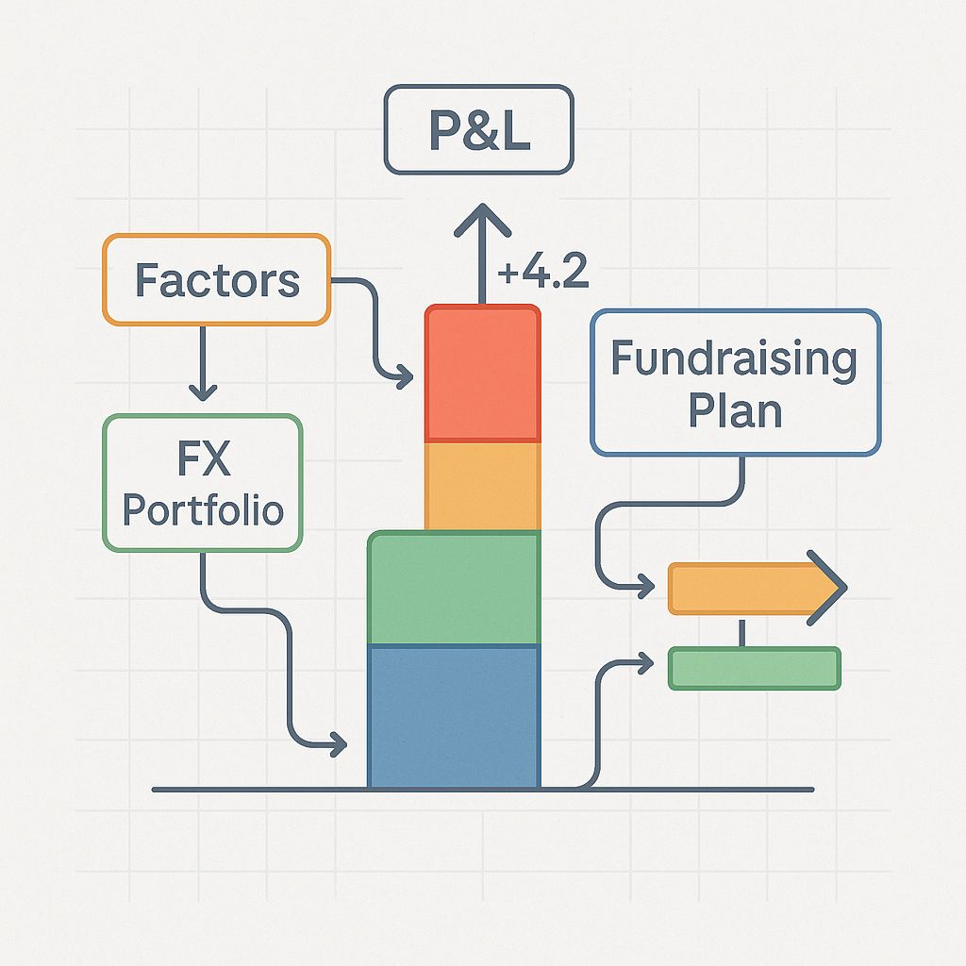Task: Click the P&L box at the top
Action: click(478, 129)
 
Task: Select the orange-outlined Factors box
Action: click(216, 279)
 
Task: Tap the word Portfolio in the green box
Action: click(203, 509)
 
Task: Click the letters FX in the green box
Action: click(203, 460)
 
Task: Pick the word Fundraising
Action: click(734, 359)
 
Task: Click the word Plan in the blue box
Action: click(735, 410)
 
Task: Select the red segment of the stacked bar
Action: click(482, 374)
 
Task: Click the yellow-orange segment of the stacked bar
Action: click(482, 486)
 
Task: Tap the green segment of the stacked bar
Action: click(454, 590)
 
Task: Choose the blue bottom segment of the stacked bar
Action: click(454, 716)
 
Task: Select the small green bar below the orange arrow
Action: click(754, 668)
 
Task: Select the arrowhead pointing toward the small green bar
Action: click(645, 664)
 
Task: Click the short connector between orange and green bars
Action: click(742, 632)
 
